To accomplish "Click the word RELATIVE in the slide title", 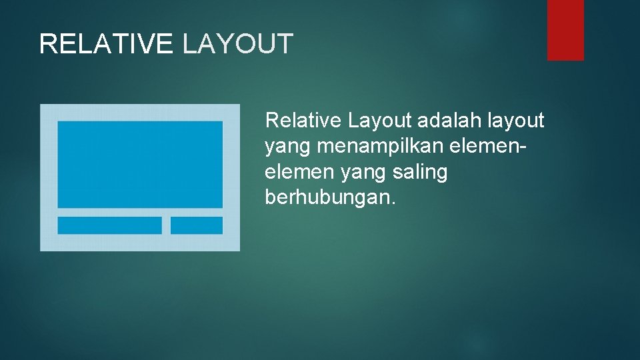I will [x=107, y=44].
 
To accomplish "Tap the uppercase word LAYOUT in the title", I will [x=238, y=44].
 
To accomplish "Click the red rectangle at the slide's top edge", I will [x=565, y=29].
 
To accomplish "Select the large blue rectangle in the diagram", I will [x=140, y=164].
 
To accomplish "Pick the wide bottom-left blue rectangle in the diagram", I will [x=109, y=225].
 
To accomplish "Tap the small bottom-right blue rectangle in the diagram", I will [x=197, y=225].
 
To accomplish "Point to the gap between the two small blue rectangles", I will [x=166, y=225].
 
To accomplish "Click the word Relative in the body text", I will [x=303, y=121].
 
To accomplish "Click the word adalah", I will [x=451, y=121].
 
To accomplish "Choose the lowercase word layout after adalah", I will [x=517, y=121].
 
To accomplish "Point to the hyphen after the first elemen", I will [x=511, y=147].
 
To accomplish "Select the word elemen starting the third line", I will [x=299, y=172].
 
